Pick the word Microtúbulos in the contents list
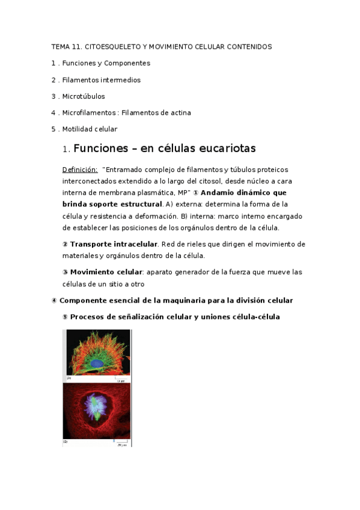tap(84, 96)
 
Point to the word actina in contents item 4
tap(180, 112)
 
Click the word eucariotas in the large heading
tap(222, 148)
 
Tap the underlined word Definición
tap(80, 170)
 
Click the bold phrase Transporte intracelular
tap(114, 244)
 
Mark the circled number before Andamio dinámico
tap(195, 192)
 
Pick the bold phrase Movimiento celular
tap(106, 272)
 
